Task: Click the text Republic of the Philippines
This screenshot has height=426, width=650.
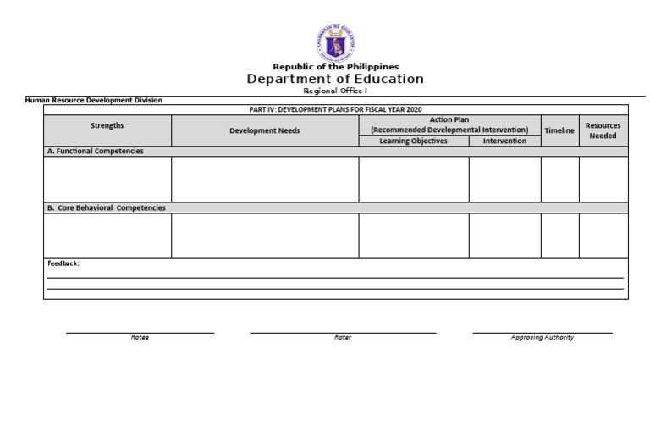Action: click(335, 67)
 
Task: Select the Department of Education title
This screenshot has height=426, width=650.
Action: click(335, 79)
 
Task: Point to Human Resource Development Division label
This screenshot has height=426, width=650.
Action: click(94, 100)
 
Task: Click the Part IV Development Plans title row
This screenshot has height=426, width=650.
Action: click(336, 109)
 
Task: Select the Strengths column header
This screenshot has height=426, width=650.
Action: click(107, 125)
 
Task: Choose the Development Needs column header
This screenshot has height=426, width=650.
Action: click(265, 131)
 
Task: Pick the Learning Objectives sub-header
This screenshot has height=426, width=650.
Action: click(414, 141)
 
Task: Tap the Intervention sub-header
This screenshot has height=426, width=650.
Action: click(504, 141)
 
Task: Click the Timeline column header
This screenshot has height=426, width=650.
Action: click(559, 130)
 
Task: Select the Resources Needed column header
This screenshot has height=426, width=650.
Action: click(603, 130)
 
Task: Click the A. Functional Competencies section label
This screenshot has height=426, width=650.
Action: click(95, 151)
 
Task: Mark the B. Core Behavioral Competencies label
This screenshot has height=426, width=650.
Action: click(106, 207)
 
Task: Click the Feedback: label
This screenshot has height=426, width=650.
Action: click(63, 263)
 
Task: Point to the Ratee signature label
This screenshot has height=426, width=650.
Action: click(140, 337)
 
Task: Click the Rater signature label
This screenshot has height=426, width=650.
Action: click(343, 337)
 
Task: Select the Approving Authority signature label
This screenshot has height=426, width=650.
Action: click(543, 337)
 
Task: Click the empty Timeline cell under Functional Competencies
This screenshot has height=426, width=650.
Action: click(559, 179)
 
